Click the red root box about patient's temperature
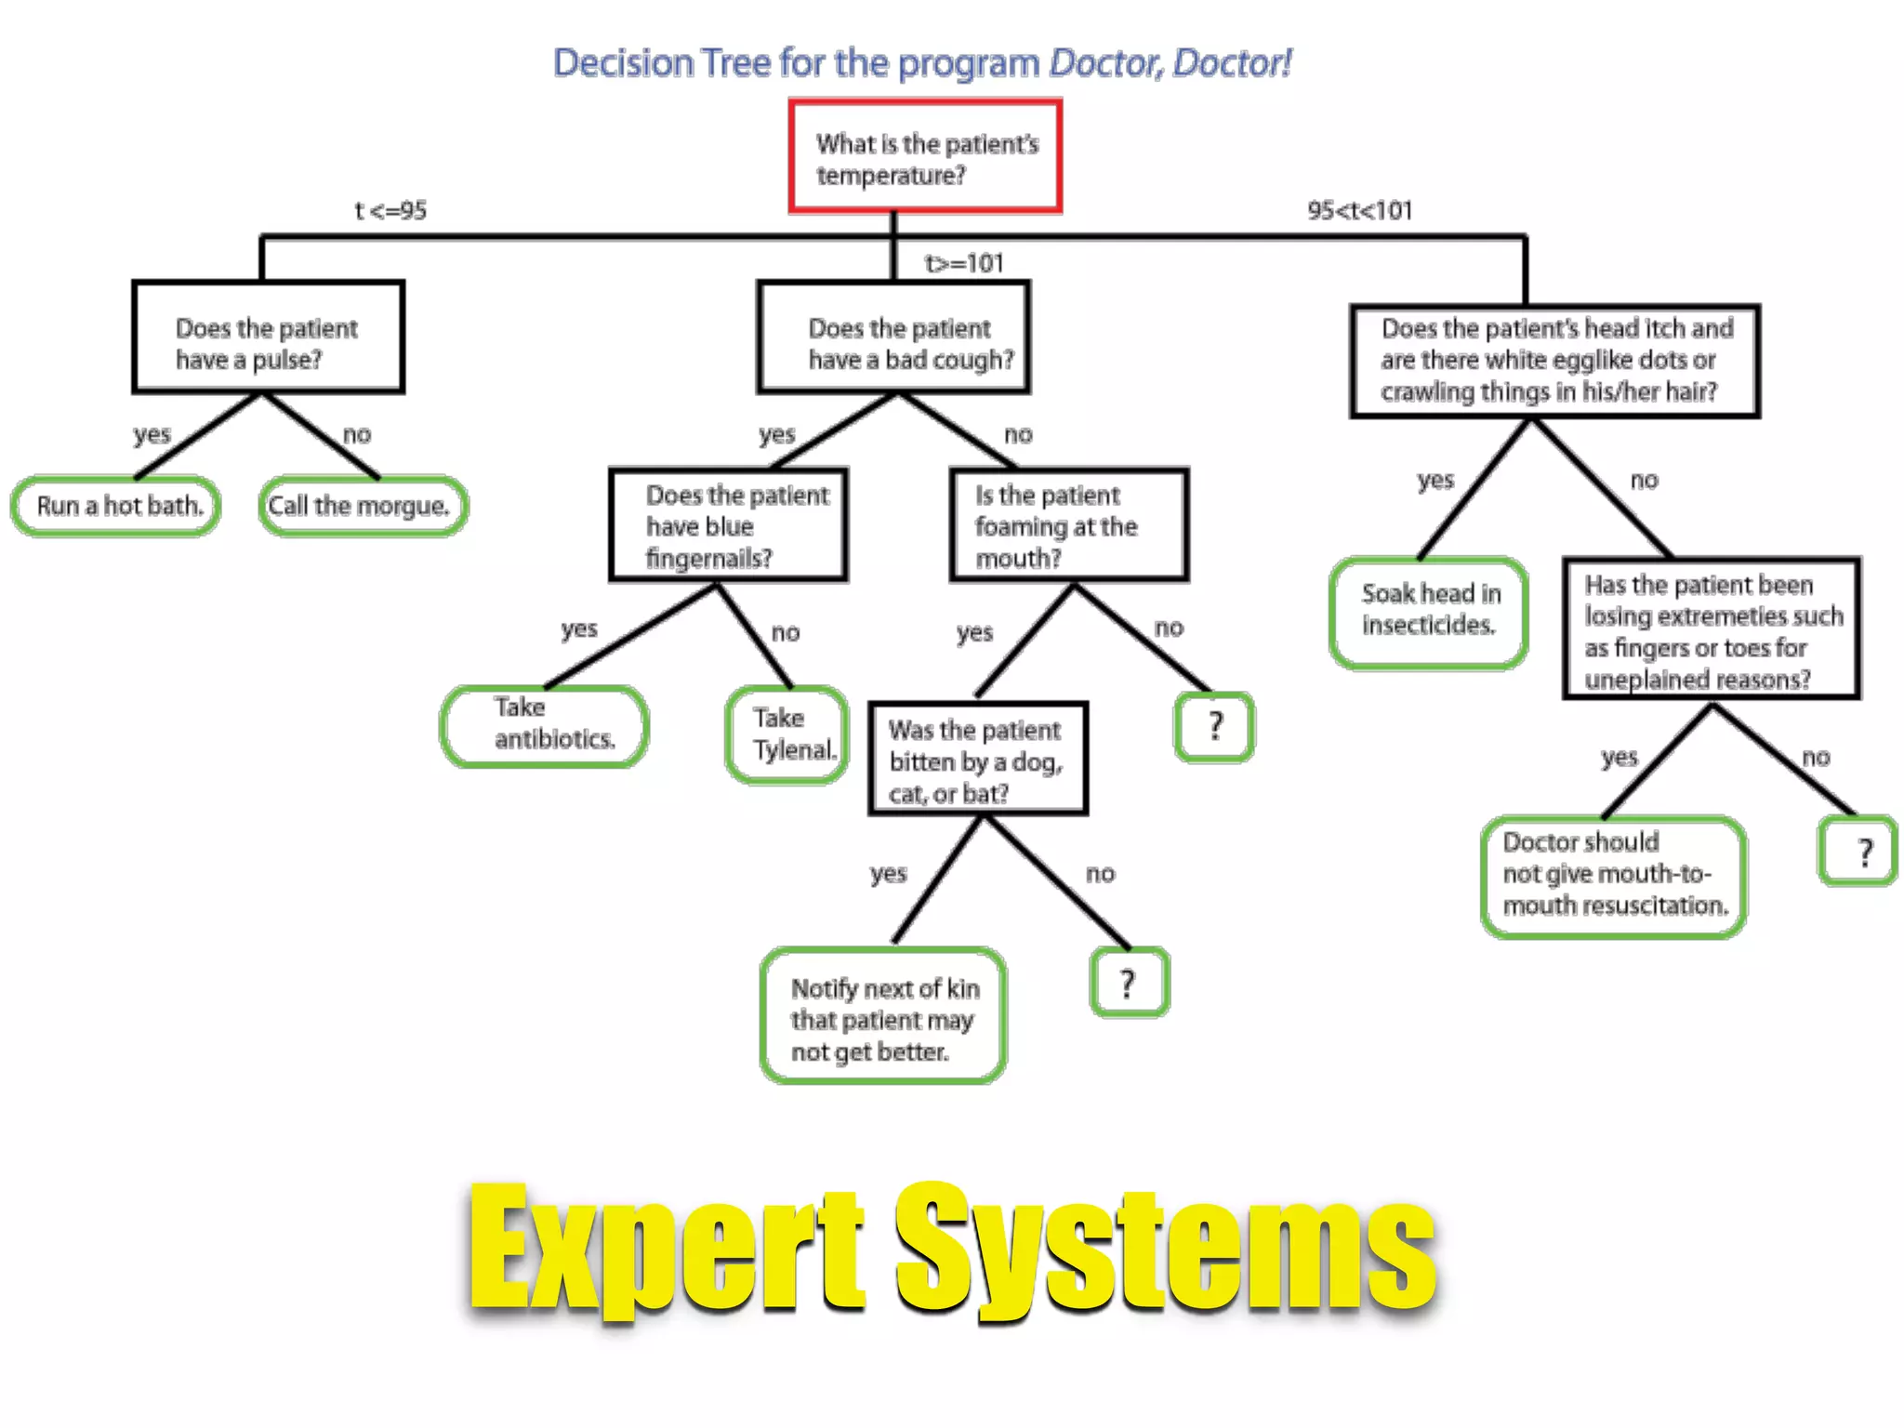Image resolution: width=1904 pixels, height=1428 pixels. [x=925, y=157]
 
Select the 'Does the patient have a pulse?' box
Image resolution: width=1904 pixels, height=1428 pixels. [x=268, y=337]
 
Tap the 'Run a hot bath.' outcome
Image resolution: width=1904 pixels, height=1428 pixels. [x=116, y=506]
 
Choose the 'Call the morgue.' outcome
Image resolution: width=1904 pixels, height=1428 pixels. [x=363, y=506]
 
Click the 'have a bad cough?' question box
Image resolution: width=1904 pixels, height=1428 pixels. [x=894, y=337]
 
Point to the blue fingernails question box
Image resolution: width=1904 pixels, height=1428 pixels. [x=729, y=525]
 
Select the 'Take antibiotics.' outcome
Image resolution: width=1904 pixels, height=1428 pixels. [x=545, y=726]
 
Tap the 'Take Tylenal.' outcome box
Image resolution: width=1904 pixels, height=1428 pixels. [x=787, y=734]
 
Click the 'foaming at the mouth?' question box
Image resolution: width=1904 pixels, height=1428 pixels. [x=1069, y=525]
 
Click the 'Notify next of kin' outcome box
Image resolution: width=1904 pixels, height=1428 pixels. [x=883, y=1016]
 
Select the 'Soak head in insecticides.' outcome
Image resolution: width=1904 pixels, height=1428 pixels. [x=1429, y=612]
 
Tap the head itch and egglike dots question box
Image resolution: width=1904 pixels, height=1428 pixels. [x=1555, y=361]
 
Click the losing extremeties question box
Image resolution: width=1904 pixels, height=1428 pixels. [x=1712, y=629]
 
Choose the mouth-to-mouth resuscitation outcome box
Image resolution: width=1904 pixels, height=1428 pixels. [x=1614, y=876]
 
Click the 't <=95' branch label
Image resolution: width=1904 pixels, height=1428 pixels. [x=390, y=211]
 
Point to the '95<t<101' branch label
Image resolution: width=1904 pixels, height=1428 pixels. [x=1359, y=211]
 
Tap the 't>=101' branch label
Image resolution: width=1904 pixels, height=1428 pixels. [x=964, y=264]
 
